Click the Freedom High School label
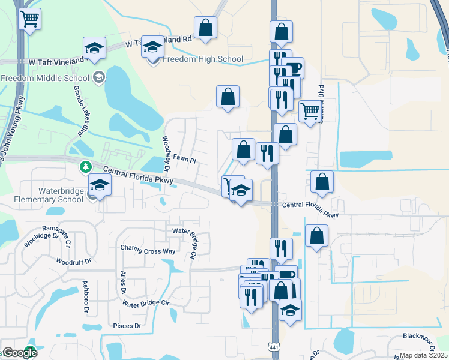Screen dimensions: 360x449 click(203, 59)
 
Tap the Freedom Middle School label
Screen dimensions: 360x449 click(45, 78)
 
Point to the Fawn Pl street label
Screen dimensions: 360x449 click(185, 160)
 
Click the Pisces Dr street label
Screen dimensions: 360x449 click(127, 326)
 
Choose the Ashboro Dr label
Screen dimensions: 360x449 click(85, 292)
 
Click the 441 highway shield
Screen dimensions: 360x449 click(273, 349)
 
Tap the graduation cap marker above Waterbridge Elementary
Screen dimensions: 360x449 click(100, 185)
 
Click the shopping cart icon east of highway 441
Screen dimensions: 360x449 click(309, 111)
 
